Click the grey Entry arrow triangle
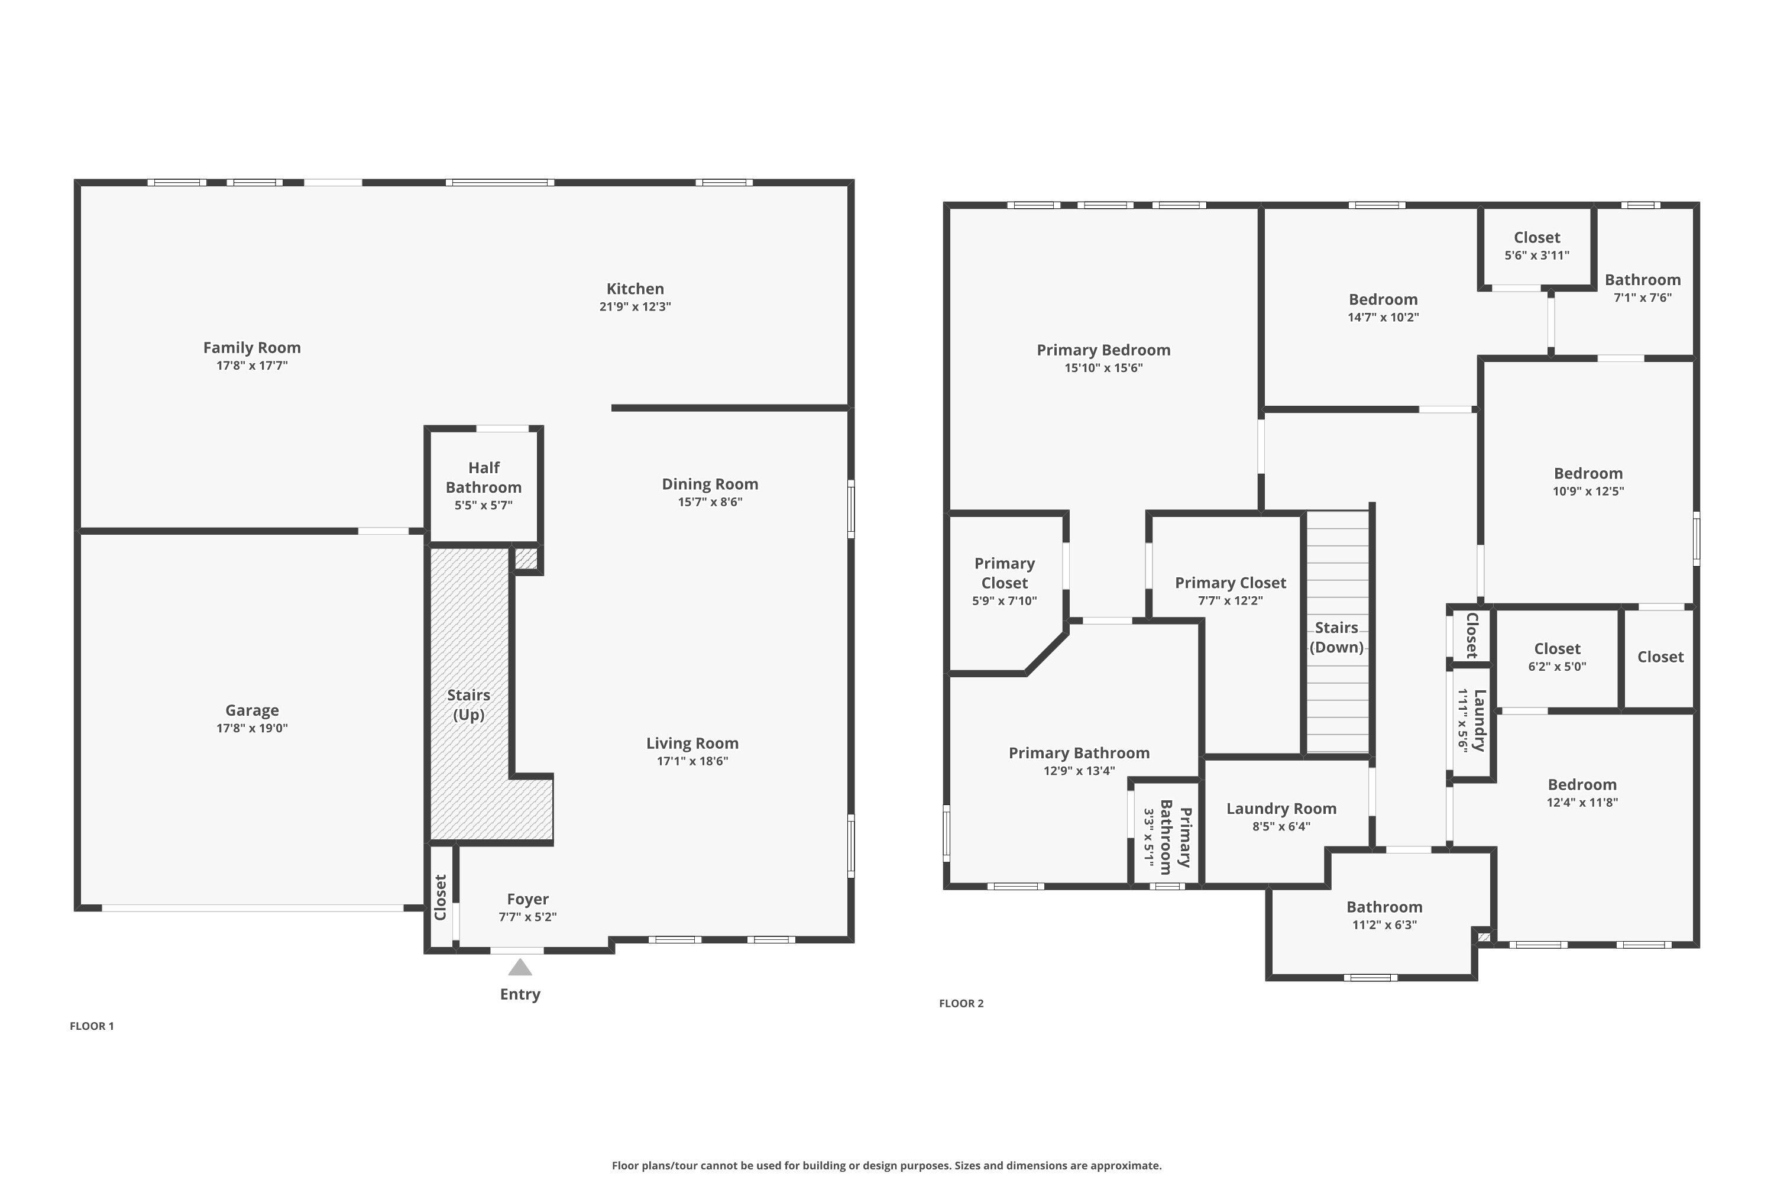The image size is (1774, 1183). [x=520, y=967]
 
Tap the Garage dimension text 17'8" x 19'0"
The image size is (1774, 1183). [x=252, y=728]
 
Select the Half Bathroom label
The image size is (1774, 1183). [x=484, y=477]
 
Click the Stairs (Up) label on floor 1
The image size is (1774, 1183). [x=468, y=704]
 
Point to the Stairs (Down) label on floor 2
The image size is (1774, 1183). [x=1336, y=638]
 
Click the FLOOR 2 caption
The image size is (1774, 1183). [x=961, y=1003]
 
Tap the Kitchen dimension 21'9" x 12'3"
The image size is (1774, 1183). [x=635, y=307]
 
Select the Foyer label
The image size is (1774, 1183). [x=527, y=899]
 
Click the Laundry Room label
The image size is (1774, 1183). [x=1281, y=809]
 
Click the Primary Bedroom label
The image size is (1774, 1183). [x=1103, y=350]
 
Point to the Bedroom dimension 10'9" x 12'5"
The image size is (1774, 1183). [x=1588, y=491]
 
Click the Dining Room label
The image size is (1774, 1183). [x=710, y=484]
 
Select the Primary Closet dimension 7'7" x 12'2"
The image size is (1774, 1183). [x=1230, y=600]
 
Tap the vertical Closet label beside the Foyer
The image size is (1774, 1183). [x=441, y=897]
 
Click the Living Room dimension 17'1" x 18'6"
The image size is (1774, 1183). [x=692, y=761]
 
